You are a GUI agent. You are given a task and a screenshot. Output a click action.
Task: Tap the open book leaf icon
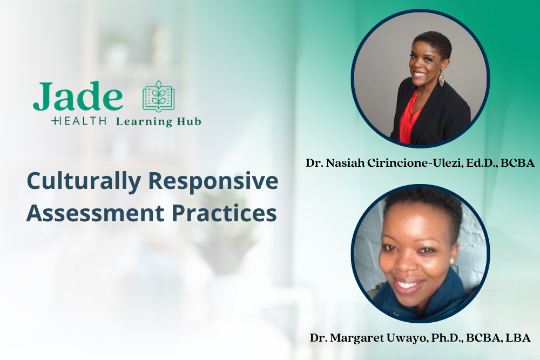(159, 97)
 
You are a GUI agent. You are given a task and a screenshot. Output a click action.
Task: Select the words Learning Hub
(158, 122)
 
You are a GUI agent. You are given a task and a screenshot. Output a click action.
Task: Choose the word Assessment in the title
(95, 213)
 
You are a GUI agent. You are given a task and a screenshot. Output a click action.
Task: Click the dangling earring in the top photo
(441, 80)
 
